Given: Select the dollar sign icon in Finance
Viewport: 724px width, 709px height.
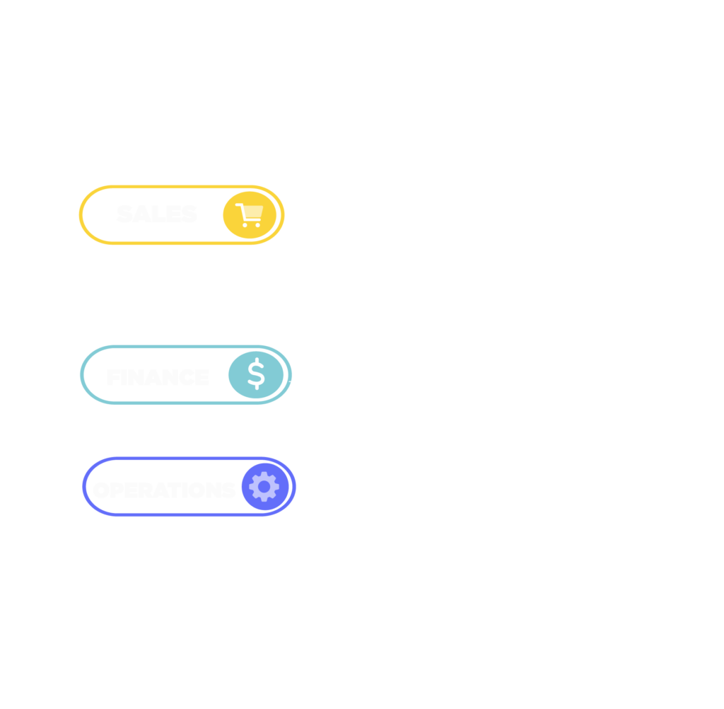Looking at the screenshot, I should coord(256,376).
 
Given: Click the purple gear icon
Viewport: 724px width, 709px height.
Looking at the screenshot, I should coord(264,487).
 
